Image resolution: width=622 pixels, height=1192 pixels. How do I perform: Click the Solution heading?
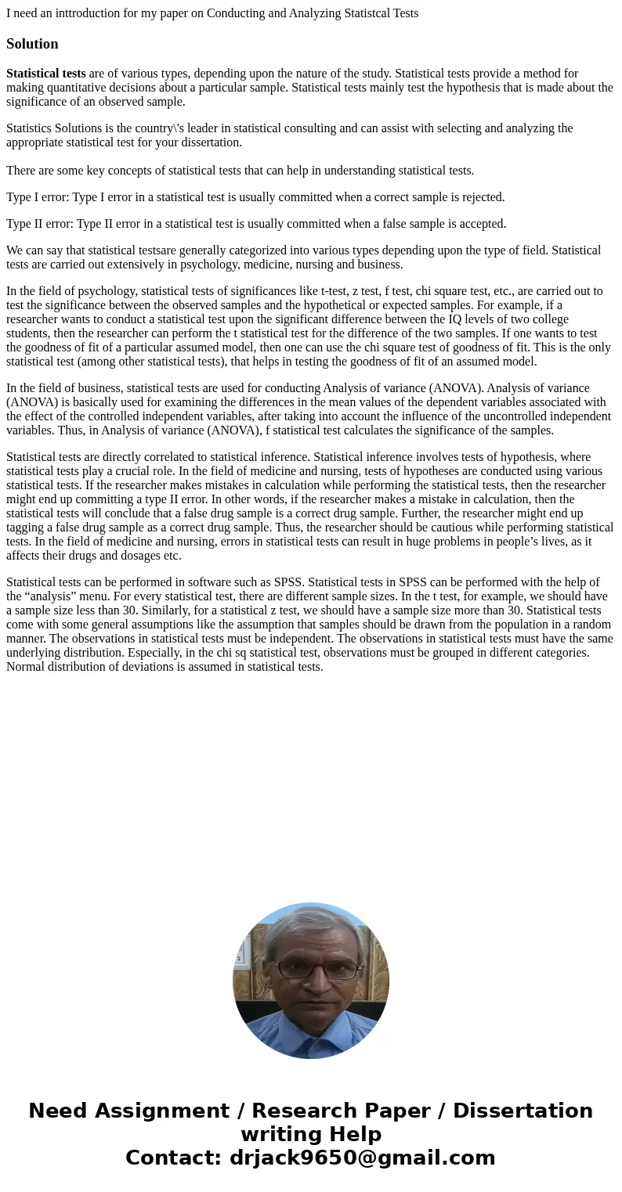point(32,44)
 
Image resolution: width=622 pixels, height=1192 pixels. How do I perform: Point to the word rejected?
point(481,197)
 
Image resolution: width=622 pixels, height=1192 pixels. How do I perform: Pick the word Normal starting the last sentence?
point(27,667)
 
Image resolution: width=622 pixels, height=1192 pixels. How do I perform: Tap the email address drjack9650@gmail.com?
point(362,1158)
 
